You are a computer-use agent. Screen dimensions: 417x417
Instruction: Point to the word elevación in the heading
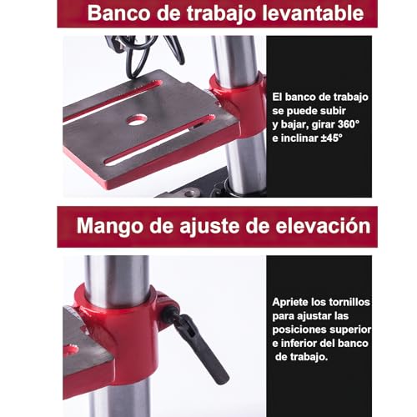point(324,226)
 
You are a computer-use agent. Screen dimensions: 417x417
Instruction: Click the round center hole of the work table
point(135,120)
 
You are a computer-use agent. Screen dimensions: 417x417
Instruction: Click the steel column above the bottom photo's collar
point(117,271)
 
